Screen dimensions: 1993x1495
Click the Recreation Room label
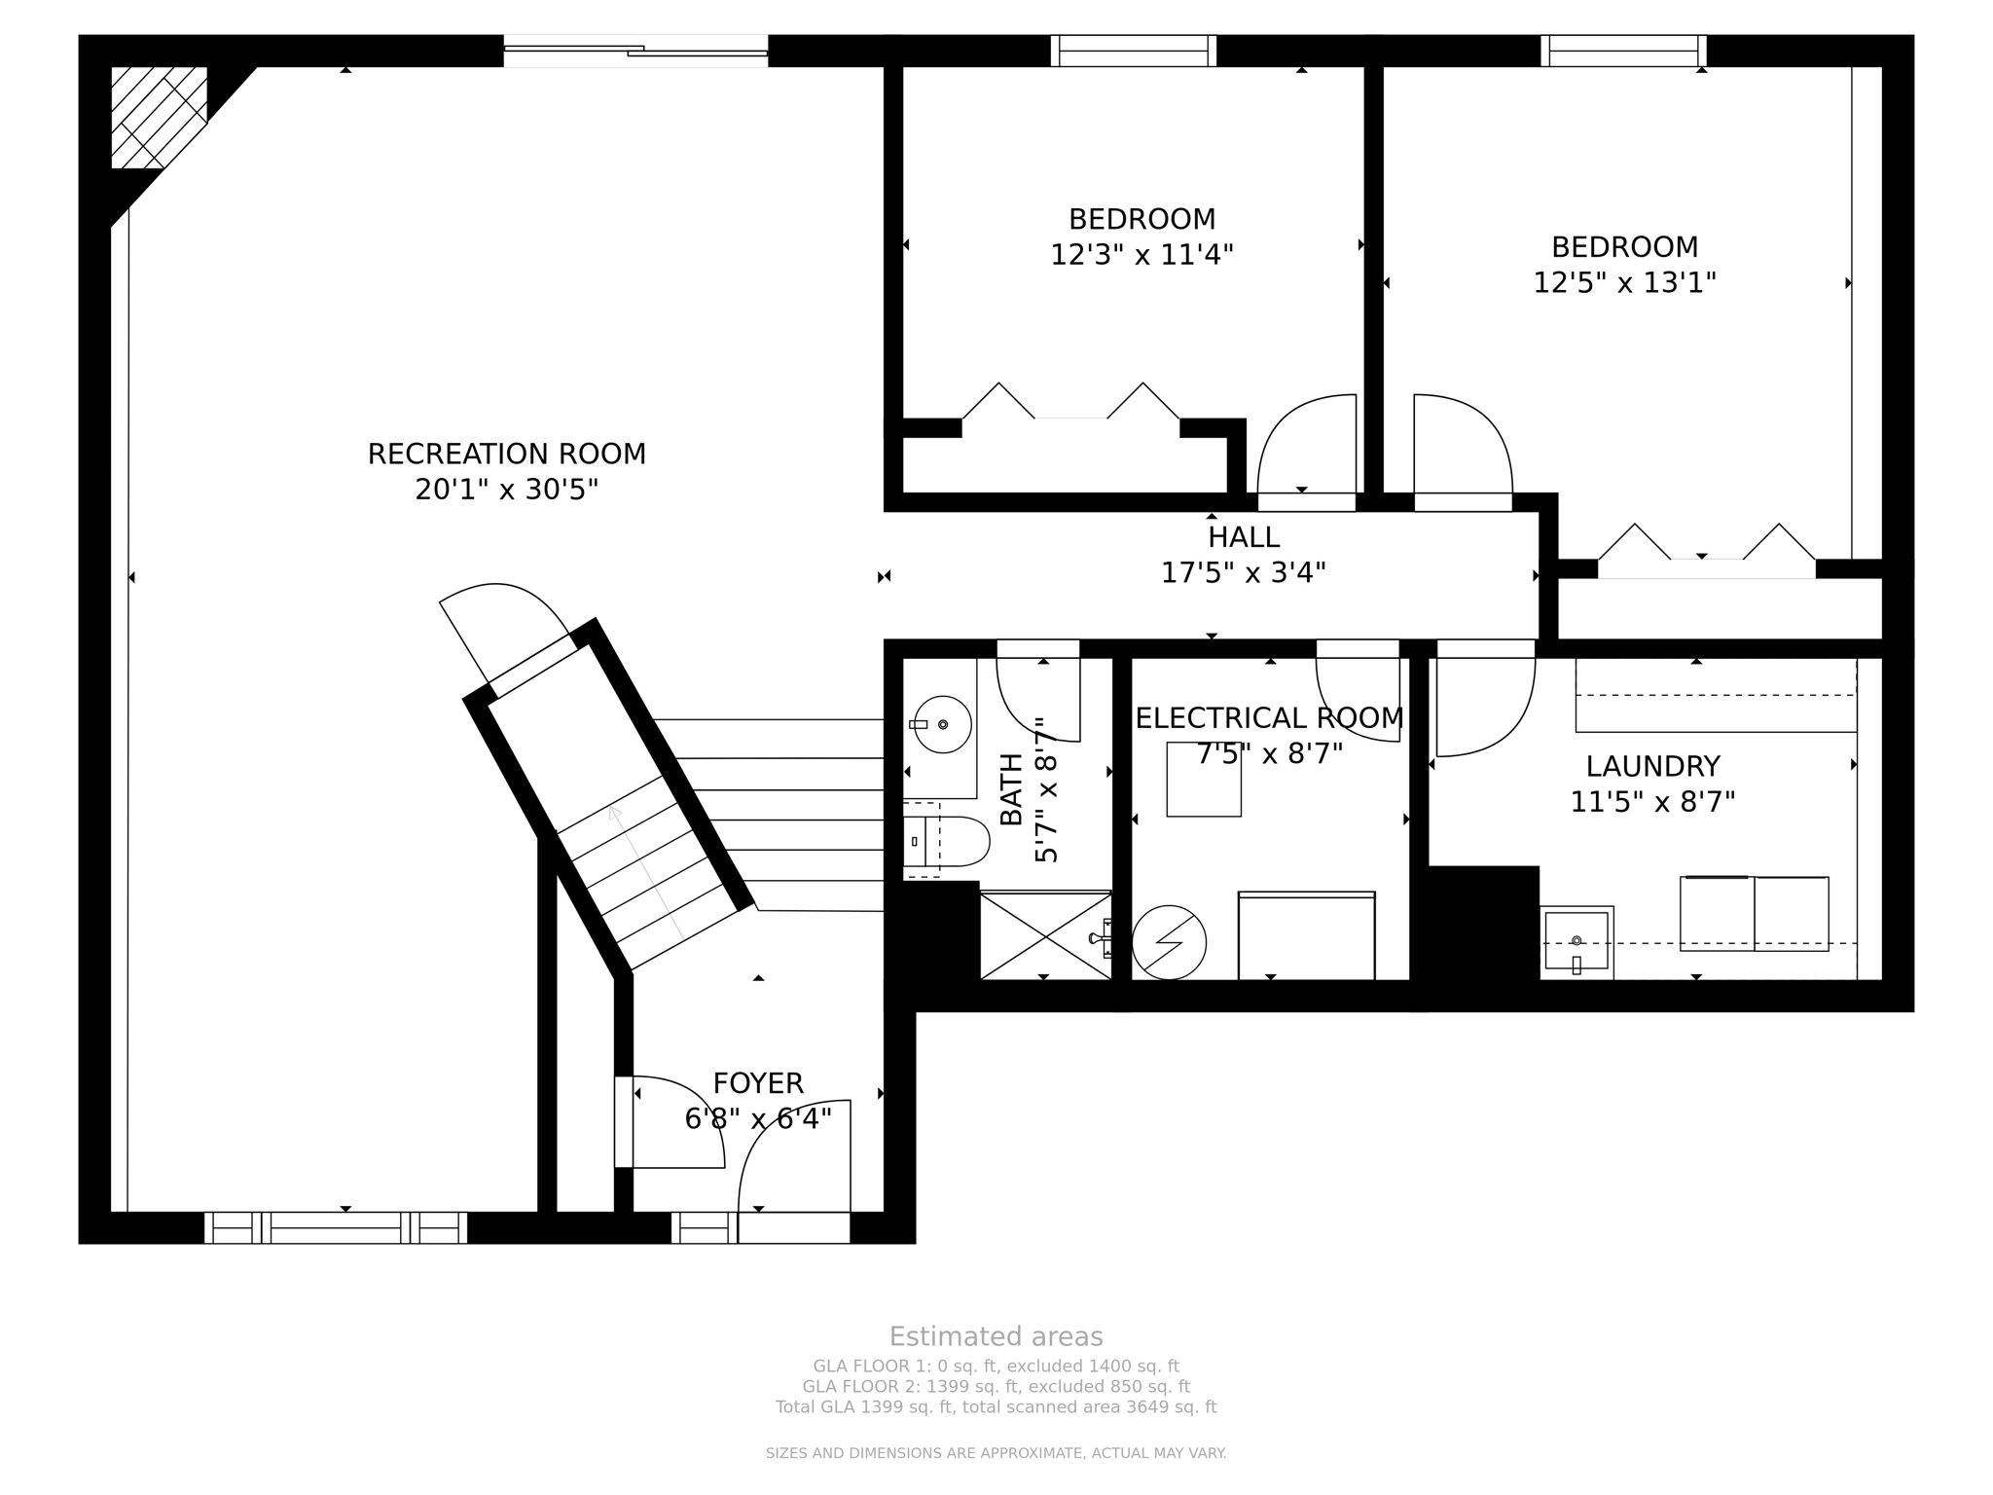[x=506, y=455]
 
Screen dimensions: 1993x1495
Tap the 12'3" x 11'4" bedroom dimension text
[x=1141, y=255]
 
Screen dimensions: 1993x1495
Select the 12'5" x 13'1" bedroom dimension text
[x=1624, y=283]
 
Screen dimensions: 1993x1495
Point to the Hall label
[x=1244, y=537]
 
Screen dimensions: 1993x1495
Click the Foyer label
[x=758, y=1083]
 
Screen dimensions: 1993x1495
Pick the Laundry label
[x=1653, y=767]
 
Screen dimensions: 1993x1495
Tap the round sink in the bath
[x=942, y=724]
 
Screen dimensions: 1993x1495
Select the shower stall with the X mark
[x=1045, y=934]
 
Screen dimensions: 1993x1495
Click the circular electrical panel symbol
[x=1169, y=942]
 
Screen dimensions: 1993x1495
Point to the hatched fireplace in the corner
[x=159, y=117]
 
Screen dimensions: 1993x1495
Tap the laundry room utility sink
[x=1576, y=941]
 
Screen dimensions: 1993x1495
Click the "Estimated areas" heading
[x=996, y=1337]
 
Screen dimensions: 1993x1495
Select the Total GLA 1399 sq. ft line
[x=996, y=1407]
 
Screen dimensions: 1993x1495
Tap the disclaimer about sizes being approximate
[x=996, y=1454]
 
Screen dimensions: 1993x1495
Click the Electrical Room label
[x=1270, y=718]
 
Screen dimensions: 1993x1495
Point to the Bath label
[x=1012, y=790]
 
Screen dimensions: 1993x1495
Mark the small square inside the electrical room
[x=1204, y=779]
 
